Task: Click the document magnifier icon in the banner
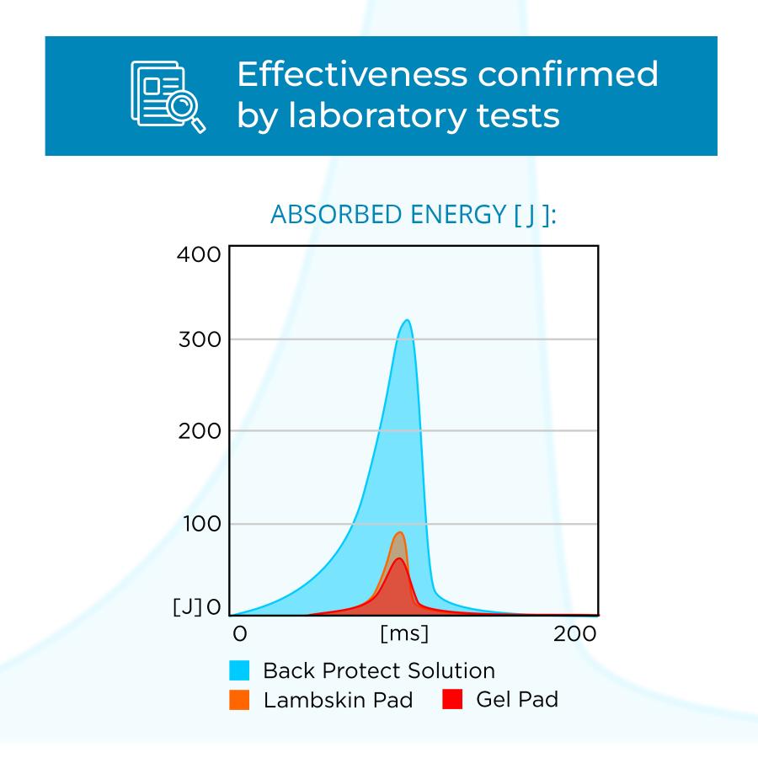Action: coord(168,96)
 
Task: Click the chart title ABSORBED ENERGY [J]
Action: coord(414,216)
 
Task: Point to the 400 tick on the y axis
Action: coord(200,254)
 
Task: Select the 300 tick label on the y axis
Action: coord(200,340)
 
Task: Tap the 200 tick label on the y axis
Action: coord(200,431)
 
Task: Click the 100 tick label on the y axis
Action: coord(200,524)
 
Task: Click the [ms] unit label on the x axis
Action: coord(404,633)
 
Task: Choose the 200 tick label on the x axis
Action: coord(576,633)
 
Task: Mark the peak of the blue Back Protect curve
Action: coord(408,320)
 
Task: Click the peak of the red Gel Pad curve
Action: coord(399,558)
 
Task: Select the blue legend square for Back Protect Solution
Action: coord(239,670)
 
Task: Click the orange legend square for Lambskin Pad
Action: coord(239,700)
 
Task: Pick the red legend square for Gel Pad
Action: coord(452,699)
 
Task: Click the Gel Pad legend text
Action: coord(516,699)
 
